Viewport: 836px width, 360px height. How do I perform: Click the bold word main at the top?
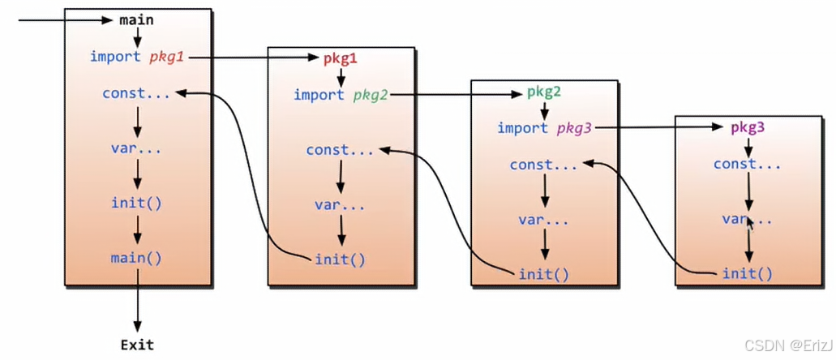[136, 19]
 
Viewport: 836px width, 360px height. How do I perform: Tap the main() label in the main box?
[136, 258]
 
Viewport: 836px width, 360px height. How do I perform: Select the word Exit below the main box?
[137, 345]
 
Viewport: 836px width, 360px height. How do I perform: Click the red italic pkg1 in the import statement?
[168, 57]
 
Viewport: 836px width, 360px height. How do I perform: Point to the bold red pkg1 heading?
[340, 58]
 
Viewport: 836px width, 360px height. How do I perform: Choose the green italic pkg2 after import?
[371, 95]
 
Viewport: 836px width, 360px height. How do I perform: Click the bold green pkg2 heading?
[544, 92]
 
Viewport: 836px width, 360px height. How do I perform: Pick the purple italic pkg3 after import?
[575, 128]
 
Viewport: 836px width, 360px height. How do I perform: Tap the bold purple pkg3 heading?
[748, 127]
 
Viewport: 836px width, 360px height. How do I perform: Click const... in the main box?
[136, 93]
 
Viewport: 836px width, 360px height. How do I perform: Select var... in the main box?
[136, 148]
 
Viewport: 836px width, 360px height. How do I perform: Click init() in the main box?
[136, 202]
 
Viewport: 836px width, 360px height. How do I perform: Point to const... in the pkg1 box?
[340, 150]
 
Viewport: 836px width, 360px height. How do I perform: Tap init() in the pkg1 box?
[340, 259]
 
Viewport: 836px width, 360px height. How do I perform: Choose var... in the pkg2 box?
[543, 220]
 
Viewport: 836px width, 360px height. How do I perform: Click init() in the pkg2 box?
[543, 273]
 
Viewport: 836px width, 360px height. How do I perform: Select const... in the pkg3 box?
[747, 165]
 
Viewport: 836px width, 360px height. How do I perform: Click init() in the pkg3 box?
[747, 273]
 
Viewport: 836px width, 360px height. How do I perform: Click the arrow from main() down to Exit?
[137, 300]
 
